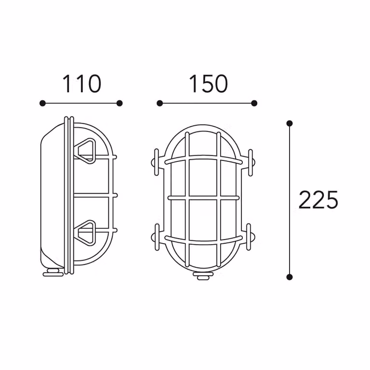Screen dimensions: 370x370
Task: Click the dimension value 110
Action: pyautogui.click(x=82, y=84)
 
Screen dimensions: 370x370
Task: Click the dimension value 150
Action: pyautogui.click(x=209, y=84)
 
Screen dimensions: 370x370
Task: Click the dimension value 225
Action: pyautogui.click(x=318, y=200)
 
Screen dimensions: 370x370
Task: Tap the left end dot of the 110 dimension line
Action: pyautogui.click(x=42, y=103)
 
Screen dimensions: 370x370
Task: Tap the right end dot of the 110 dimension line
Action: pyautogui.click(x=119, y=103)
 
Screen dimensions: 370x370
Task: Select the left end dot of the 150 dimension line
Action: pyautogui.click(x=160, y=103)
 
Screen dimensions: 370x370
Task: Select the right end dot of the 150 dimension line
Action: pyautogui.click(x=254, y=103)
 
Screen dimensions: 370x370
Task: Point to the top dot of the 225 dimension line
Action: pyautogui.click(x=290, y=123)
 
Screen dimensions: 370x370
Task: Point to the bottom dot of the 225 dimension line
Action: pyautogui.click(x=290, y=277)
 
